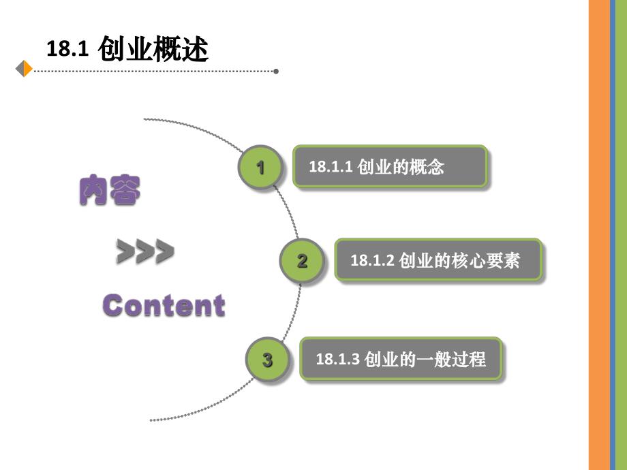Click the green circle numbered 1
(260, 167)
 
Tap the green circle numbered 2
(302, 260)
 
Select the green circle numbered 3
(267, 359)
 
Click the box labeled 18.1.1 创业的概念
(390, 166)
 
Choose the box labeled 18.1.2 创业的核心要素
(438, 260)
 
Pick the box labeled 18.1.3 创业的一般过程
(401, 358)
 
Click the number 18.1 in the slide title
(68, 50)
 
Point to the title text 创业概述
(153, 49)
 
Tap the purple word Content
(164, 305)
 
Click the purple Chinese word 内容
(110, 191)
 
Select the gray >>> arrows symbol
(144, 251)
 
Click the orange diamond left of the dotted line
(25, 69)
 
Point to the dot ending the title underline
(275, 70)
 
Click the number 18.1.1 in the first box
(331, 167)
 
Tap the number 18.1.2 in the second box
(372, 260)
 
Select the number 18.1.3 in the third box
(337, 359)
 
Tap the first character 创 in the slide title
(112, 49)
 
